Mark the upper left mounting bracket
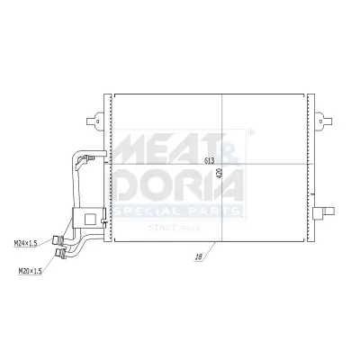point(93,119)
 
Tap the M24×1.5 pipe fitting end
point(56,240)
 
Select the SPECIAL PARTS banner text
point(177,211)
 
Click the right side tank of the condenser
point(310,167)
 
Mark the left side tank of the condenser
point(108,167)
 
